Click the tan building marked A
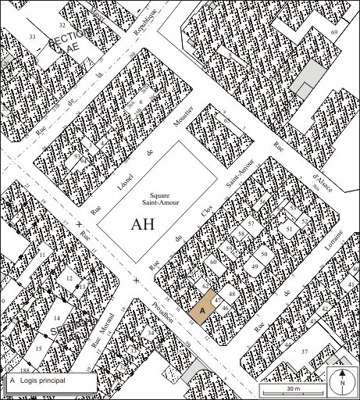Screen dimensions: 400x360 [201, 311]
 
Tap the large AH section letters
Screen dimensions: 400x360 [143, 224]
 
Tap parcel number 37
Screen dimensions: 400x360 [305, 351]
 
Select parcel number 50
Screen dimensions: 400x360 [265, 255]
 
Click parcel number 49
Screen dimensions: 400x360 [255, 267]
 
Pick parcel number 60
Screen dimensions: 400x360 [212, 262]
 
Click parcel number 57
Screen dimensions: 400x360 [251, 224]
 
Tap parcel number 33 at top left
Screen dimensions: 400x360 [32, 37]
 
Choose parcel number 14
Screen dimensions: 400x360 [56, 319]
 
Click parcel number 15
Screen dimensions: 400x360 [37, 348]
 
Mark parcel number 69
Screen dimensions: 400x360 [333, 32]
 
